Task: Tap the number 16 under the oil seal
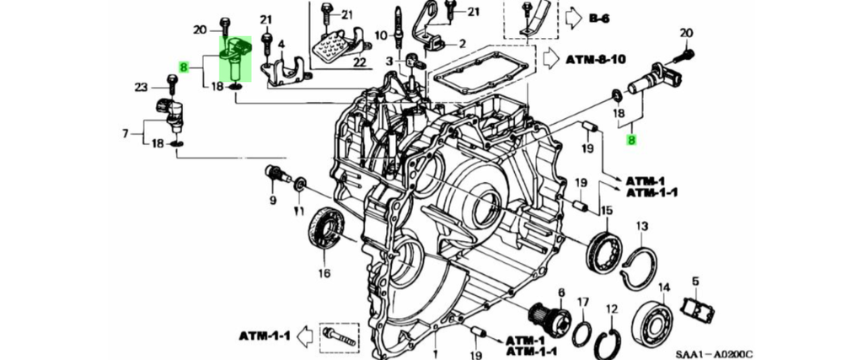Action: coord(324,272)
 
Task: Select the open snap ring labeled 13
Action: coord(639,266)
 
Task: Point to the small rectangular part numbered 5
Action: coord(697,310)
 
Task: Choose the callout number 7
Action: coord(126,133)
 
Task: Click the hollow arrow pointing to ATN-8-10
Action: coord(552,59)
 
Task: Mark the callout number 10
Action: coord(380,36)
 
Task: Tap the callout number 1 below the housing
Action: coord(435,353)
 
